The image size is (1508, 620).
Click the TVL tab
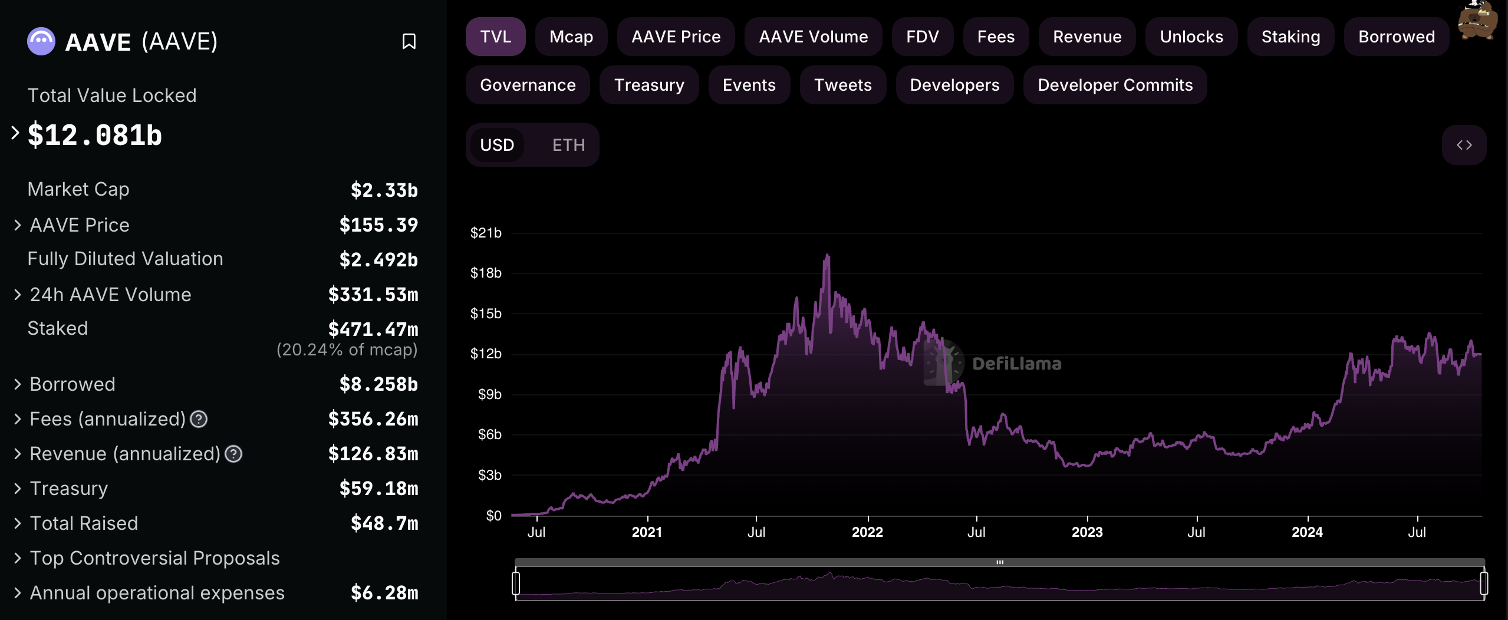click(x=495, y=37)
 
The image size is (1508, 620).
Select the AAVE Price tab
click(x=676, y=37)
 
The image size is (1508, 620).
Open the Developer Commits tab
click(x=1115, y=85)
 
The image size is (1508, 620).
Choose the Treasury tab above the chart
click(x=648, y=85)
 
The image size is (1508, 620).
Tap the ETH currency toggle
click(x=568, y=145)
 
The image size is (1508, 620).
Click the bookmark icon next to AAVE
click(x=409, y=41)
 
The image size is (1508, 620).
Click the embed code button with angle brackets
click(x=1464, y=145)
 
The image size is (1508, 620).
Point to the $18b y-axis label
click(x=486, y=273)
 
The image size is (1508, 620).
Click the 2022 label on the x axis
click(x=867, y=532)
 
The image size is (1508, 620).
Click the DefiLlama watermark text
click(x=1016, y=364)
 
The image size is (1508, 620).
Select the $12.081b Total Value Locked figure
click(x=95, y=135)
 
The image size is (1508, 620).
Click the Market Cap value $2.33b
click(x=384, y=190)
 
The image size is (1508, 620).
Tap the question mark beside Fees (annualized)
click(x=199, y=419)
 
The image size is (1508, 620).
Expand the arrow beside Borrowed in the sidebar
click(x=17, y=384)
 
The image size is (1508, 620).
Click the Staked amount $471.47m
click(x=373, y=329)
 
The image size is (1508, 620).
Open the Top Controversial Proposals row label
click(x=154, y=558)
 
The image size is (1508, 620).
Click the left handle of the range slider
click(x=516, y=583)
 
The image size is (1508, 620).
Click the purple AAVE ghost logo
click(x=41, y=41)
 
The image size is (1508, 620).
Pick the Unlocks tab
click(x=1191, y=37)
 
